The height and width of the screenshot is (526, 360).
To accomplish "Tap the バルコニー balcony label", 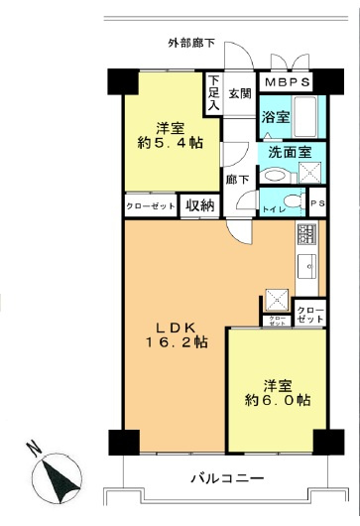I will click(x=227, y=478).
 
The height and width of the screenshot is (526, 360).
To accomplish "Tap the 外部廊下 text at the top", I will click(x=192, y=44).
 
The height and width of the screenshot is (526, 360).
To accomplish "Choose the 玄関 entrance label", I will click(x=240, y=94).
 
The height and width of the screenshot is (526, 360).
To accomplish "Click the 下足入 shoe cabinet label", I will click(x=213, y=94).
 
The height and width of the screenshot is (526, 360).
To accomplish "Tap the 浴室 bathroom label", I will click(x=275, y=116).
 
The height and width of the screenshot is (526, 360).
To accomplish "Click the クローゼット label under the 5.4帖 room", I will click(x=151, y=205).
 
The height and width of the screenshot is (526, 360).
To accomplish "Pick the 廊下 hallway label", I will click(x=236, y=180).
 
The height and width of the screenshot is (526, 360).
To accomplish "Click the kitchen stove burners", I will click(x=305, y=235).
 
